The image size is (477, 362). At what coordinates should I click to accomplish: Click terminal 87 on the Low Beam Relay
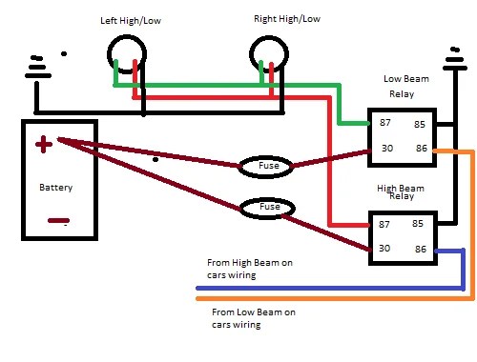click(x=385, y=122)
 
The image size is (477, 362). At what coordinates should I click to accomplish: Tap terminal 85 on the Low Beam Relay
click(x=420, y=124)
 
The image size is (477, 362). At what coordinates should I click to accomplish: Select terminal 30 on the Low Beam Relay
click(x=387, y=148)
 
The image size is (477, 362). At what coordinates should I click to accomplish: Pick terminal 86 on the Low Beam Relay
click(x=422, y=148)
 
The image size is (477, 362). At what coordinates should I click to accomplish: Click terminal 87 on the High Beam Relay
click(x=384, y=224)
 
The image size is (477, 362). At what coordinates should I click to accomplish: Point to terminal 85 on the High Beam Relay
click(x=418, y=223)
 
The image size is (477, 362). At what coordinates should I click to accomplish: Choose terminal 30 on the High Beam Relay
click(x=384, y=248)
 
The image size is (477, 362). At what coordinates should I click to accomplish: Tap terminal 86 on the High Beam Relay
click(x=421, y=249)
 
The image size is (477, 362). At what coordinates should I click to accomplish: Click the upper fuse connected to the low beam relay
click(x=265, y=167)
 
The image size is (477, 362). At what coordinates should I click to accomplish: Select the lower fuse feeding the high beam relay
click(x=267, y=209)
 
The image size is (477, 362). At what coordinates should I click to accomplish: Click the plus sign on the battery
click(x=44, y=144)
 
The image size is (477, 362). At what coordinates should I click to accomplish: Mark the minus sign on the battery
click(x=58, y=220)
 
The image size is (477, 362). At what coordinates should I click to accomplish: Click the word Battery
click(x=56, y=187)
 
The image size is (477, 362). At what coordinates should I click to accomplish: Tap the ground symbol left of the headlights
click(x=38, y=69)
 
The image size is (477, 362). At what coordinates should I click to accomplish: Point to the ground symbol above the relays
click(x=455, y=60)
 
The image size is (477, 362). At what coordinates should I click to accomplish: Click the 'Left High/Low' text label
click(x=131, y=21)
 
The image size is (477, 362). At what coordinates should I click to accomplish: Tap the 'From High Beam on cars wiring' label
click(x=250, y=269)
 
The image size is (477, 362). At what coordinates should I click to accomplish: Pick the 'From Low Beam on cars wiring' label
click(x=254, y=318)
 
